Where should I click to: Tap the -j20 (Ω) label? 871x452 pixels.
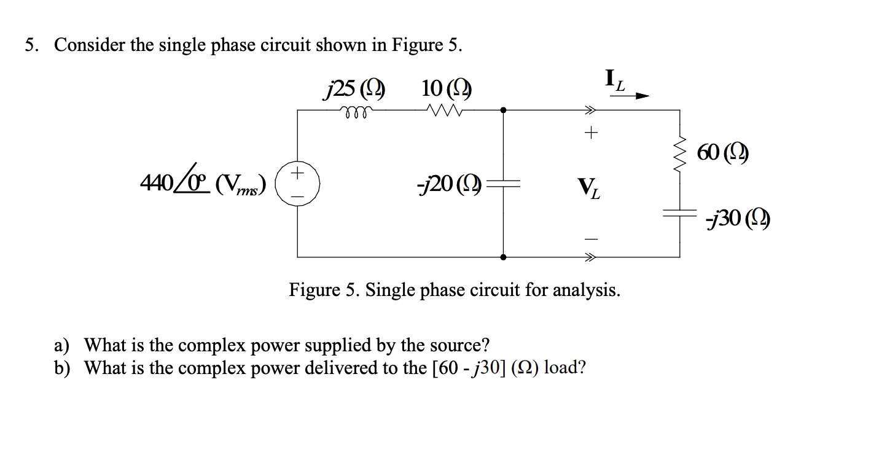(x=449, y=182)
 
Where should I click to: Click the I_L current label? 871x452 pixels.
(x=615, y=80)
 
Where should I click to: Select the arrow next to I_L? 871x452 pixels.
(x=641, y=96)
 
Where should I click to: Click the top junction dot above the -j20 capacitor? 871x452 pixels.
(x=503, y=111)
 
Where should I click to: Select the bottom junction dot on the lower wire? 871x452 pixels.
(x=503, y=257)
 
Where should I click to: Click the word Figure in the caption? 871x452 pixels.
(x=314, y=289)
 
